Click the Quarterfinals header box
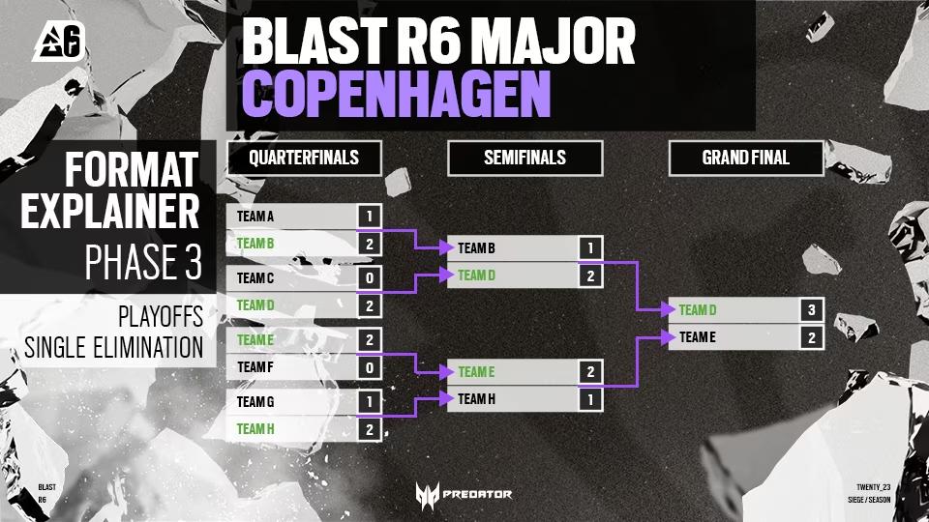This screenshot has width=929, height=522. (304, 158)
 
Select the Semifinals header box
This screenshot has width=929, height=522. (524, 158)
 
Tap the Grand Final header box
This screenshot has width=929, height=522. (746, 158)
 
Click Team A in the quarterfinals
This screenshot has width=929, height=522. (255, 217)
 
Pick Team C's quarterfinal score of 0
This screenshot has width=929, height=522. (369, 277)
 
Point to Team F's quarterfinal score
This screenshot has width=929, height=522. (369, 367)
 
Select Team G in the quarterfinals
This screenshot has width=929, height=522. (255, 402)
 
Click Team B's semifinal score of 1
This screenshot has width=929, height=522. (590, 248)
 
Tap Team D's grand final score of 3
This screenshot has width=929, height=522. (812, 309)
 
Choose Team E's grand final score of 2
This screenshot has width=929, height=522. (812, 337)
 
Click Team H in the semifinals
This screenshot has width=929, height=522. (476, 399)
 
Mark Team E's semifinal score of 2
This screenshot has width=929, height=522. (590, 371)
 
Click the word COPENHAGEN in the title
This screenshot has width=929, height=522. (397, 94)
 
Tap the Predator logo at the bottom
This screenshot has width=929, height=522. (464, 495)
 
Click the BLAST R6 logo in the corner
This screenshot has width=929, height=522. (59, 41)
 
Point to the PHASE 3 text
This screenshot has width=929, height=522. (143, 262)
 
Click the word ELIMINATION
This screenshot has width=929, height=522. (148, 347)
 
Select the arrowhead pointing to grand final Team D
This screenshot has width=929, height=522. (669, 309)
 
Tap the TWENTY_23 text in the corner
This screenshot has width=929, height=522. (873, 487)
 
